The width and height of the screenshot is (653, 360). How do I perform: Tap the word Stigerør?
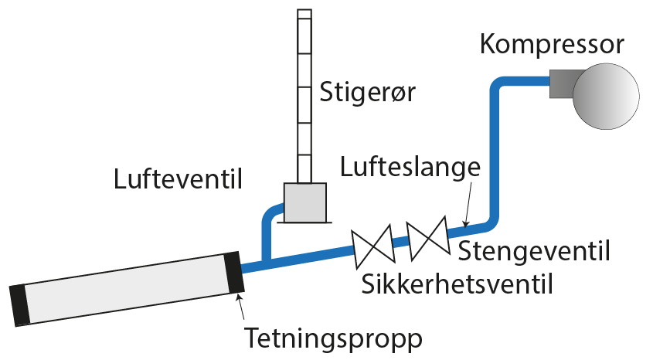[x=368, y=94]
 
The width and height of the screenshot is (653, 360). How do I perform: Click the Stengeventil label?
[x=535, y=251]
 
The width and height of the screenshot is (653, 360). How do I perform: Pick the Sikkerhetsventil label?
[x=457, y=284]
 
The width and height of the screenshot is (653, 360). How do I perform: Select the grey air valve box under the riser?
[x=304, y=202]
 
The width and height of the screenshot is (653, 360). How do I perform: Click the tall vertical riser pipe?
[x=304, y=93]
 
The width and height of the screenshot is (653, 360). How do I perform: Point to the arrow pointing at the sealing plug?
[x=242, y=310]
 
